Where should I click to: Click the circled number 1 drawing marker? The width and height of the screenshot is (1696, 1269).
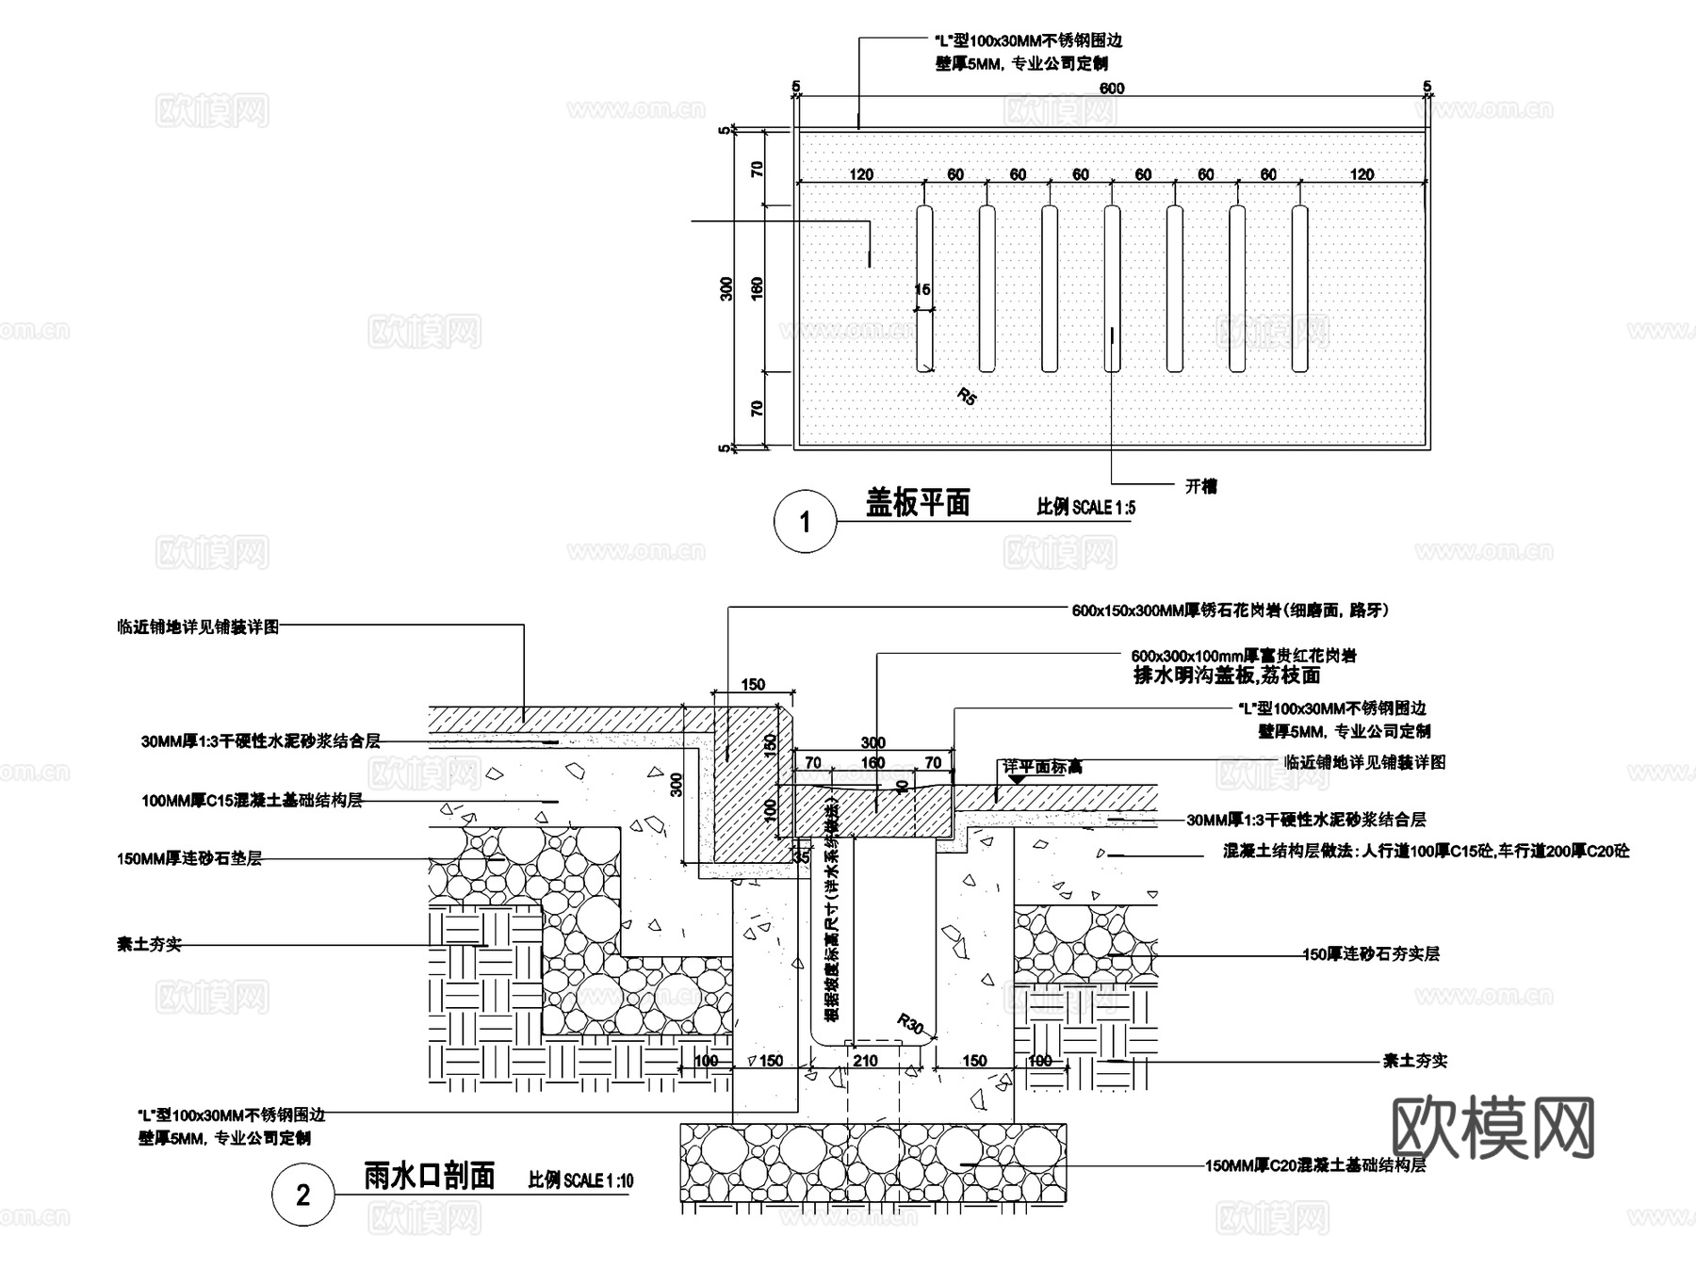click(x=805, y=521)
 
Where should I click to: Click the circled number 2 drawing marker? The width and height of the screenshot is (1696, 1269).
click(x=302, y=1195)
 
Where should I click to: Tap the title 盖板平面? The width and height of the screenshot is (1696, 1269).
click(x=918, y=503)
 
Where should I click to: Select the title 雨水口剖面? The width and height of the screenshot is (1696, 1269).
click(x=429, y=1176)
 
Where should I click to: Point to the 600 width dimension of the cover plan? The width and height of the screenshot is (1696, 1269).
click(x=1112, y=89)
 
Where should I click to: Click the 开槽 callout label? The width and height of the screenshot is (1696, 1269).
click(x=1200, y=486)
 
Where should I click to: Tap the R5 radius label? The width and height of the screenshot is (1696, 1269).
click(x=967, y=396)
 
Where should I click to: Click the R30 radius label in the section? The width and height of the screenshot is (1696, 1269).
click(x=910, y=1023)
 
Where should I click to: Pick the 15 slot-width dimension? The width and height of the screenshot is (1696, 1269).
click(x=922, y=289)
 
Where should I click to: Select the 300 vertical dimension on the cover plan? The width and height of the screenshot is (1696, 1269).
click(x=726, y=288)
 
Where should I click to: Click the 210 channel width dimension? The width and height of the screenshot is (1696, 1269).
click(x=865, y=1061)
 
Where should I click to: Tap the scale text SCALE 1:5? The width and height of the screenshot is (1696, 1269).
click(x=1085, y=507)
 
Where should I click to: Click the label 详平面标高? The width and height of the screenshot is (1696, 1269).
click(x=1042, y=767)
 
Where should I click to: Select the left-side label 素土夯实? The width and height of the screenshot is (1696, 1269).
click(x=149, y=944)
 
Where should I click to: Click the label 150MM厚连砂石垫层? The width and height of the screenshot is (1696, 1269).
click(x=189, y=858)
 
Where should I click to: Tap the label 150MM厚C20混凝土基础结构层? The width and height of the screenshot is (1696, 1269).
click(x=1315, y=1165)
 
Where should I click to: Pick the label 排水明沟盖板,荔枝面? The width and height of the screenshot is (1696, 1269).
click(x=1227, y=675)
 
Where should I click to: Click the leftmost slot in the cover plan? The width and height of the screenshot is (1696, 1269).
click(x=924, y=288)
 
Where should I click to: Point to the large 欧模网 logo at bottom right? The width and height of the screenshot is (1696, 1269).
click(x=1492, y=1128)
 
